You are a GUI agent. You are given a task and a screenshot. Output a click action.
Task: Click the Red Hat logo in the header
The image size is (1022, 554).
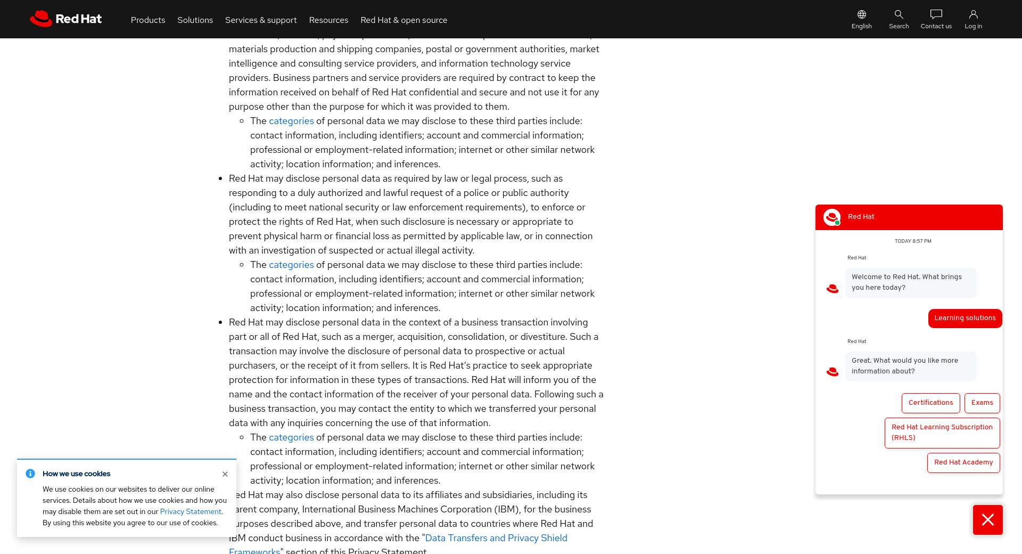[65, 19]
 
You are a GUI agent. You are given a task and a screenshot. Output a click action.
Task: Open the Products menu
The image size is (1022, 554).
[148, 20]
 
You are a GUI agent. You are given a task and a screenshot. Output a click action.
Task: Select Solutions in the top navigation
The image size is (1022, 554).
[195, 20]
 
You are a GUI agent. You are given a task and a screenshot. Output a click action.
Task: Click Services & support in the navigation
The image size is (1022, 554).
[261, 20]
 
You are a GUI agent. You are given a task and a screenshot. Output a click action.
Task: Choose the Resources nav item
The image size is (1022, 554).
[328, 20]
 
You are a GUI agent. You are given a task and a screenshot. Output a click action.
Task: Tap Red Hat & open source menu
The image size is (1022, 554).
[403, 20]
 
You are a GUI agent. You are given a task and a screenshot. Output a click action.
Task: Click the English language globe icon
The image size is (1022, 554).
[861, 14]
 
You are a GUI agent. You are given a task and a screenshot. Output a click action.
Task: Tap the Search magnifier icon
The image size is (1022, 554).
[899, 14]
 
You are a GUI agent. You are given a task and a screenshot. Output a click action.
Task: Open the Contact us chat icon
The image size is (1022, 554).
[936, 14]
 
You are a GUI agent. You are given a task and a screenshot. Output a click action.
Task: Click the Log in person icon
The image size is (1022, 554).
[973, 14]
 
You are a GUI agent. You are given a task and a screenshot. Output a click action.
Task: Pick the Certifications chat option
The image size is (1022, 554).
[930, 403]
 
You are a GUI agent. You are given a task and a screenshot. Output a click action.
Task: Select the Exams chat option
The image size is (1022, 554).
[982, 403]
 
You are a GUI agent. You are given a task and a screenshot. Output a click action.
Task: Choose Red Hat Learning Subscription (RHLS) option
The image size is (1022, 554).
[942, 433]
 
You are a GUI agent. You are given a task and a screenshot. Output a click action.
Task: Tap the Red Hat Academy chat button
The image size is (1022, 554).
[963, 462]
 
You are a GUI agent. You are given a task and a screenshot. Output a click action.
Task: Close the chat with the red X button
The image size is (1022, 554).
[987, 520]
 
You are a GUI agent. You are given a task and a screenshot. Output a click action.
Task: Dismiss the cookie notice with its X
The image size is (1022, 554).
[225, 474]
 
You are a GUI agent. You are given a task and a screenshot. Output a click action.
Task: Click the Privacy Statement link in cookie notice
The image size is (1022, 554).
[191, 512]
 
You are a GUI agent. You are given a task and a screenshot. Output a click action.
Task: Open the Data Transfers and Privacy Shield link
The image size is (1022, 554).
[496, 538]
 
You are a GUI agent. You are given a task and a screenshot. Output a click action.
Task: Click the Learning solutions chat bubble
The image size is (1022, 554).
[965, 318]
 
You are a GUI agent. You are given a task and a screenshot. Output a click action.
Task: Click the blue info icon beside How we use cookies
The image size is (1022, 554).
[30, 474]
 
